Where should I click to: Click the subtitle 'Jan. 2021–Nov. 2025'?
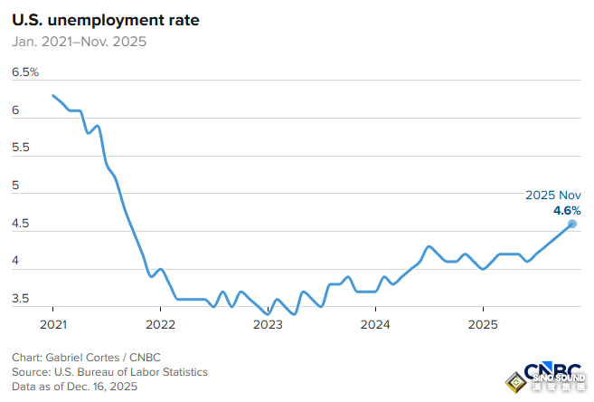tap(79, 41)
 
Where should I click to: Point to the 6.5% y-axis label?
tap(24, 72)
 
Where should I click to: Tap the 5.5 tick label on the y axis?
tap(20, 147)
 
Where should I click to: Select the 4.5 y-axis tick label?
tap(20, 223)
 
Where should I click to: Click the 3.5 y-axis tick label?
tap(20, 298)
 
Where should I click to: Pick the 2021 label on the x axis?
tap(52, 324)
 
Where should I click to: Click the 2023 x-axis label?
tap(268, 324)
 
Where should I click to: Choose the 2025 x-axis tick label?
tap(483, 324)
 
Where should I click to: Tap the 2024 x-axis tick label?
tap(375, 324)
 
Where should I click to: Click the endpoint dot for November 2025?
tap(572, 224)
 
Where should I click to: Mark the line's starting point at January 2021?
tap(52, 95)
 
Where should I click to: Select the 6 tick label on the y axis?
tap(15, 110)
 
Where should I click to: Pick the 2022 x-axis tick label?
tap(160, 324)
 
